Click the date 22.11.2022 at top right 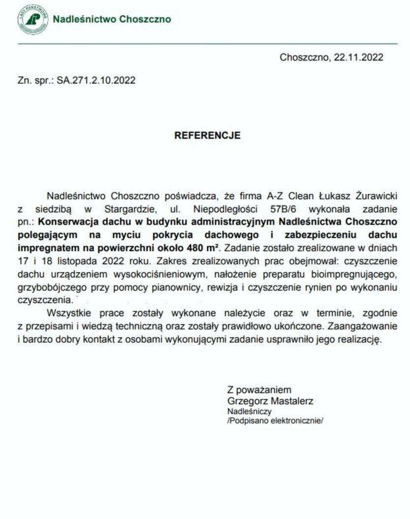358,57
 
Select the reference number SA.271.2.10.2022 96,80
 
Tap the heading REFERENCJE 207,136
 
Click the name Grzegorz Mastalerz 269,401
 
